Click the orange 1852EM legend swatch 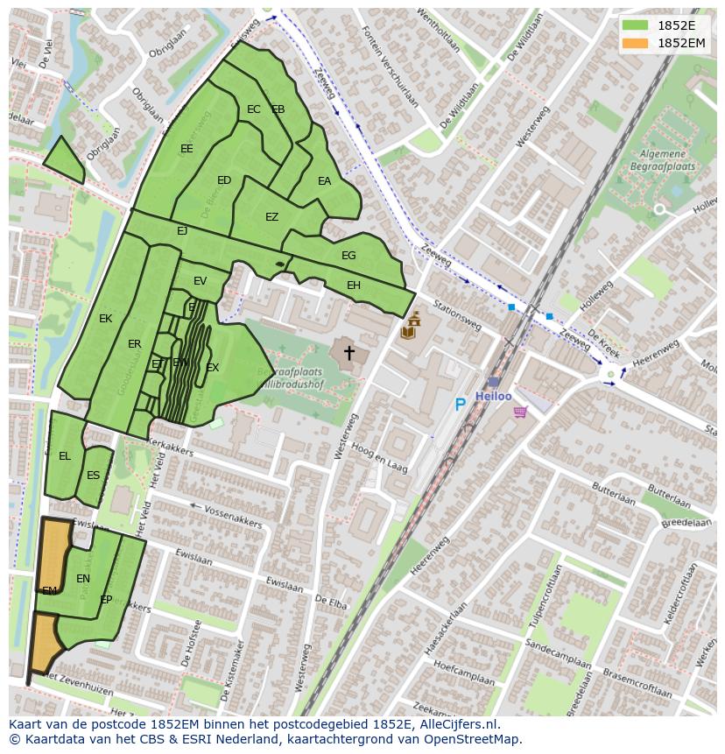point(636,43)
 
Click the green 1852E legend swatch point(636,25)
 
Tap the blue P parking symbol point(460,405)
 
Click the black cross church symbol point(348,353)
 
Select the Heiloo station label point(493,396)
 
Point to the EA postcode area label point(324,181)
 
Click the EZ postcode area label point(271,217)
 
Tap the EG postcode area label point(348,256)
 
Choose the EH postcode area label point(353,285)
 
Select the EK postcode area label point(105,319)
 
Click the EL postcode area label point(65,456)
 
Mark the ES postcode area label point(93,476)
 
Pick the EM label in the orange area point(49,591)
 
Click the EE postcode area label point(187,149)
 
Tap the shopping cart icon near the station point(520,412)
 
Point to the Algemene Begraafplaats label point(662,159)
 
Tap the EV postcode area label point(200,281)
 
